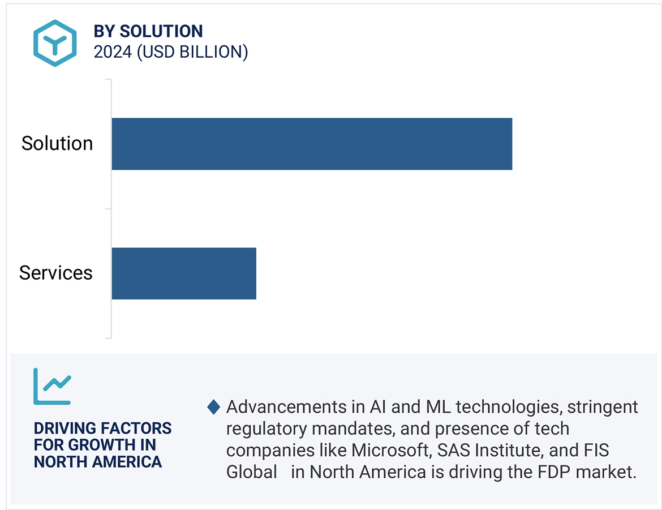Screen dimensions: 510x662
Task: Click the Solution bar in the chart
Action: (x=311, y=144)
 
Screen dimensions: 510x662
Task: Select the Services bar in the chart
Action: (x=184, y=273)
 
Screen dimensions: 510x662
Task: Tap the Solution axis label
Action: (x=57, y=144)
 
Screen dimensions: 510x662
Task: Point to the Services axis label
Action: (x=56, y=273)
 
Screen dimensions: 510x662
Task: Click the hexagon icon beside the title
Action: (x=54, y=43)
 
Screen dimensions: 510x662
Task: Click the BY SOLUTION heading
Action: (x=148, y=31)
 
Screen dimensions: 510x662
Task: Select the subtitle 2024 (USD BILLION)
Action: (x=171, y=52)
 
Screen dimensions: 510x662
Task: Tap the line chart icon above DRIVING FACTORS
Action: (x=52, y=387)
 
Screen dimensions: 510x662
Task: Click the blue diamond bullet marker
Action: (x=214, y=407)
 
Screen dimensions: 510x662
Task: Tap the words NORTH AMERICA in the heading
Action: (x=98, y=462)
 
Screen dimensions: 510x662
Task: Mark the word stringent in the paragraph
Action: (x=603, y=407)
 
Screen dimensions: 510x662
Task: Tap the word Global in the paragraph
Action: (x=252, y=472)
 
